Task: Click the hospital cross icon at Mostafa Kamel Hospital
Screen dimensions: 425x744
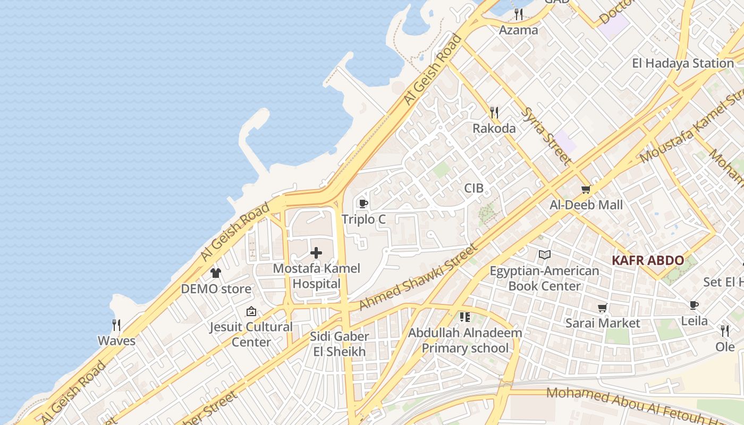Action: click(x=316, y=253)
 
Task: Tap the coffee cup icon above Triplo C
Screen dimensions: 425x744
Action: click(x=363, y=203)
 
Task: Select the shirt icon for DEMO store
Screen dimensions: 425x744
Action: click(x=215, y=273)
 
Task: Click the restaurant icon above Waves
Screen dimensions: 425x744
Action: click(x=116, y=325)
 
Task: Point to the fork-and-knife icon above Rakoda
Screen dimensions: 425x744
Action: click(x=494, y=112)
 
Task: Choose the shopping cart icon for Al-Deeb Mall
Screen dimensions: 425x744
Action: click(x=586, y=189)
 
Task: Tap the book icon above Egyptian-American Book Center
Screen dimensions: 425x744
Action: click(x=544, y=255)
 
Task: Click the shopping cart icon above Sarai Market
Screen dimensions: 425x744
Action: click(x=603, y=308)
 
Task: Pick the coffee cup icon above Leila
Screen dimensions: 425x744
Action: click(x=694, y=305)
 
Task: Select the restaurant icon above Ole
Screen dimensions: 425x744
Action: click(x=725, y=331)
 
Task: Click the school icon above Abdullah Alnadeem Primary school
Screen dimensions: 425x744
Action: click(x=465, y=317)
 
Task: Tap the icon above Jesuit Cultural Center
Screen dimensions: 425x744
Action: click(x=251, y=311)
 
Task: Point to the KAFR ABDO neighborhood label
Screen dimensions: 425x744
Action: click(x=647, y=261)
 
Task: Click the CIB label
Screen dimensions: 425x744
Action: click(x=474, y=188)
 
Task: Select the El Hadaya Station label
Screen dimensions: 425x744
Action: click(x=683, y=63)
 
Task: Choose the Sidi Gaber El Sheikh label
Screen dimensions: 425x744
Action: click(x=339, y=344)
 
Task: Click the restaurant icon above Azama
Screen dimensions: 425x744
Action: click(x=519, y=14)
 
